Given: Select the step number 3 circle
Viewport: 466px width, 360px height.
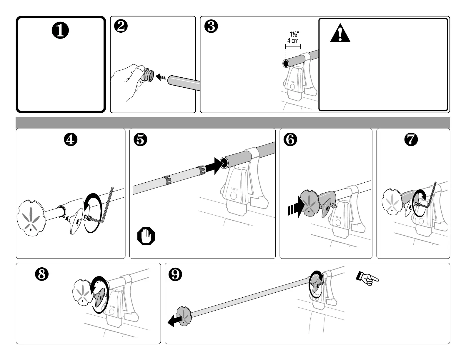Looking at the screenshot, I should (211, 27).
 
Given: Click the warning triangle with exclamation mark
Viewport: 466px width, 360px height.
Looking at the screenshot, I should (340, 34).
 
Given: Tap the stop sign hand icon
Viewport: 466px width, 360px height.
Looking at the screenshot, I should (146, 236).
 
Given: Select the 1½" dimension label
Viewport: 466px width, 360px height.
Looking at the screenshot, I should (293, 35).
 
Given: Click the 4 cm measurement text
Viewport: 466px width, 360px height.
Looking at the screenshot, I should (293, 41).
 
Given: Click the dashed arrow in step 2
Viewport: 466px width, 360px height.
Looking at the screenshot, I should (161, 77).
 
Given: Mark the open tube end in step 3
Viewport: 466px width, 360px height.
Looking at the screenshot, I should (286, 63).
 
